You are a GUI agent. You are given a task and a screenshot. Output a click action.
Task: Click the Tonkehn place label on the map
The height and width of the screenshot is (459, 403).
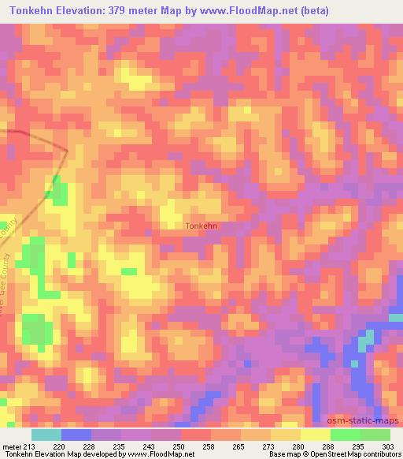coord(201,226)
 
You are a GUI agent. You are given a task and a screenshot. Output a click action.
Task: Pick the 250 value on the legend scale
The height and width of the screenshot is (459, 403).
coord(180,446)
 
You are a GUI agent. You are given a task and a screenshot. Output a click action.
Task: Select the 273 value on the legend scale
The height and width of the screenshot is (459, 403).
coord(269,446)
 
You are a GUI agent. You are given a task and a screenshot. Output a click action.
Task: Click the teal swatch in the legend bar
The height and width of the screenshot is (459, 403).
coord(46,435)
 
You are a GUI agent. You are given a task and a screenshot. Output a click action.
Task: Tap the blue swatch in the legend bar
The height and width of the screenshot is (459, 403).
coord(76,435)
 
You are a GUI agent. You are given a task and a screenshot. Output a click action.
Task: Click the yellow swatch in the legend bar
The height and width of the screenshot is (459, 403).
coord(315,435)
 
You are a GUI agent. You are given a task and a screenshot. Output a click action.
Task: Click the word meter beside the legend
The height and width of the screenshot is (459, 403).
coord(12,446)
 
